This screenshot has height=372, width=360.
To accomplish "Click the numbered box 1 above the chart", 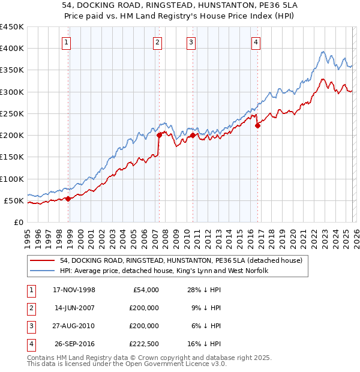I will point(65,42).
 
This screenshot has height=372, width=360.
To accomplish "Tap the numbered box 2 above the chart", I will point(157,42).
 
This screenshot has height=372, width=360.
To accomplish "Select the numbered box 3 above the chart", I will point(191,42).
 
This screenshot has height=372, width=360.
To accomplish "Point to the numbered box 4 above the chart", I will point(256,42).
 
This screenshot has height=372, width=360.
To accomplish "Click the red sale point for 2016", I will point(257,125).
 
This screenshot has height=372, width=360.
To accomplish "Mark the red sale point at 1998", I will point(68,199).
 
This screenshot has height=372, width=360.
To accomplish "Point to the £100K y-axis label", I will point(12,179).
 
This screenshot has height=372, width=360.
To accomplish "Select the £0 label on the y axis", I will point(18,223).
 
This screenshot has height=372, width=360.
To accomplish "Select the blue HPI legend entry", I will point(164,271).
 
